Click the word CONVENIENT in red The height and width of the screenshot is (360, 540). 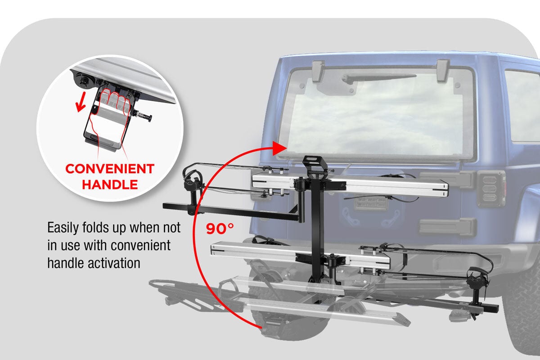110,169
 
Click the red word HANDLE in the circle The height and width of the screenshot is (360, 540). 110,184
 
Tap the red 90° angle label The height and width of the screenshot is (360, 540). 220,229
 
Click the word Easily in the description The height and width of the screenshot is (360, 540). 63,228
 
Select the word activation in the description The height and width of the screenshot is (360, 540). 114,263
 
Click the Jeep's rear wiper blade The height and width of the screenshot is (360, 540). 378,78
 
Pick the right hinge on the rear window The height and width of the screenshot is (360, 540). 443,70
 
